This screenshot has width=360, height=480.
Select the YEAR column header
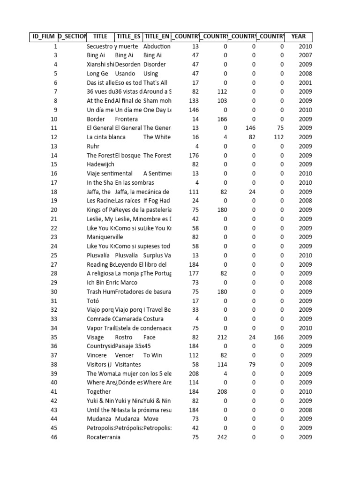298,37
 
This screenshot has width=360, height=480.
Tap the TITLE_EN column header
157,37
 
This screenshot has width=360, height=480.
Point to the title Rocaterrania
103,437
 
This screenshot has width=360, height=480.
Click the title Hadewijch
100,165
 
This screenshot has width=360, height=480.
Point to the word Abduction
157,46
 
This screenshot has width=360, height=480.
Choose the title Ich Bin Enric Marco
112,283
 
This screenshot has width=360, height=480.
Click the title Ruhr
93,146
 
